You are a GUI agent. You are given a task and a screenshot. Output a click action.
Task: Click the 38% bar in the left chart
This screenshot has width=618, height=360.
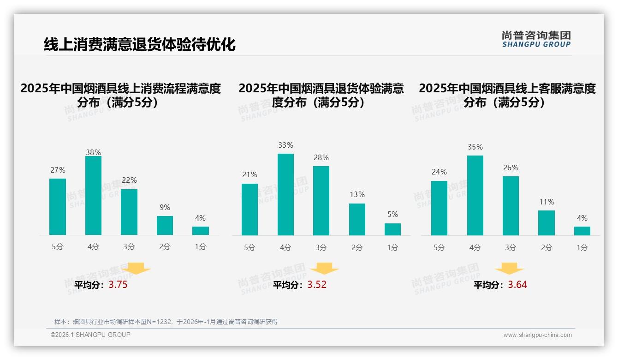pos(93,196)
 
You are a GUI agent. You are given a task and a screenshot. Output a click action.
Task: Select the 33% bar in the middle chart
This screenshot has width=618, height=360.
pos(285,194)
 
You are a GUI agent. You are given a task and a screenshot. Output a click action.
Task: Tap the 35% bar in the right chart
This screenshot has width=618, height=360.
pos(475,195)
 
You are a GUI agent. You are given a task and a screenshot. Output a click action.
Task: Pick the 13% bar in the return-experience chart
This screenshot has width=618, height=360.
pos(357,219)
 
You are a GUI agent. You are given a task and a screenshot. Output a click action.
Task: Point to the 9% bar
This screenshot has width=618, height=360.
pos(165,225)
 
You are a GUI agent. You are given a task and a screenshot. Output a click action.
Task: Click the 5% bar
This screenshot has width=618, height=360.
pos(392,229)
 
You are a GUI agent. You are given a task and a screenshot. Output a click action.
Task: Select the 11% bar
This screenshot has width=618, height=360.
pos(547,223)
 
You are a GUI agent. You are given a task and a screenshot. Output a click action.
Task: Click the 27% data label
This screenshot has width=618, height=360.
pos(58,170)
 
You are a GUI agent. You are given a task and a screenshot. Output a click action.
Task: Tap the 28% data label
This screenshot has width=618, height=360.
pos(321,158)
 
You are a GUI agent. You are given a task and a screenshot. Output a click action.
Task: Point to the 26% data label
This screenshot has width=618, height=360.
pos(511,168)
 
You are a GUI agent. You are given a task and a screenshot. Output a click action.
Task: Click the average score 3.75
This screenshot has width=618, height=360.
pos(118,285)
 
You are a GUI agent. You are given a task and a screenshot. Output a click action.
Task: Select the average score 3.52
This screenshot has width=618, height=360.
pos(317,285)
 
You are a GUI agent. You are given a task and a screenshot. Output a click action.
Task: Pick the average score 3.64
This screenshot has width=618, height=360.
pos(517,285)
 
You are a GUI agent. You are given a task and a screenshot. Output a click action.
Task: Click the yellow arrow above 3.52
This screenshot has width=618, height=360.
pos(324,269)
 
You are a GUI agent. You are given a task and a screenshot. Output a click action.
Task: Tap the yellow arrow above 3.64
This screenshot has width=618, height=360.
pos(509,269)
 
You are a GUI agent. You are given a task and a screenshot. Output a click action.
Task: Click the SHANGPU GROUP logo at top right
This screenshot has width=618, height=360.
pos(536,39)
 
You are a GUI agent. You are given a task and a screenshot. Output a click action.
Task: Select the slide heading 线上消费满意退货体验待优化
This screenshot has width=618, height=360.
pos(139,44)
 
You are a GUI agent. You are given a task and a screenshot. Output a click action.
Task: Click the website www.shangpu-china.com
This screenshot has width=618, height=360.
pos(537,335)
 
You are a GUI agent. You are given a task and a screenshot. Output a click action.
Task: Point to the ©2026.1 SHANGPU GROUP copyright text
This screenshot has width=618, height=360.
pos(90,335)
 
